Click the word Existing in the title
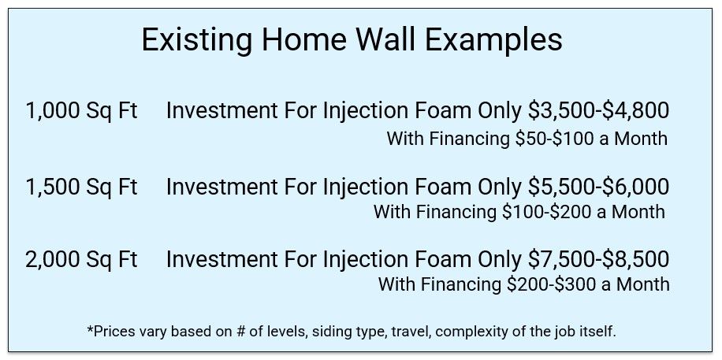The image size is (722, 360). click(197, 39)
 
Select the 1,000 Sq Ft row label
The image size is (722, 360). click(81, 111)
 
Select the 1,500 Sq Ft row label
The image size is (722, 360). click(81, 187)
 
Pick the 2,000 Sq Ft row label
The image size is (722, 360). click(81, 260)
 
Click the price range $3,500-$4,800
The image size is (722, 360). click(597, 111)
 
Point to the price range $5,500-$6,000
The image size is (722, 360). click(597, 187)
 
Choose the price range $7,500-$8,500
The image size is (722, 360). click(597, 260)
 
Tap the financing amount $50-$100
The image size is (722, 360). click(555, 139)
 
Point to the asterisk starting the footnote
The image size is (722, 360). click(90, 328)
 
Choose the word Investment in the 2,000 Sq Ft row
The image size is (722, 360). click(221, 260)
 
